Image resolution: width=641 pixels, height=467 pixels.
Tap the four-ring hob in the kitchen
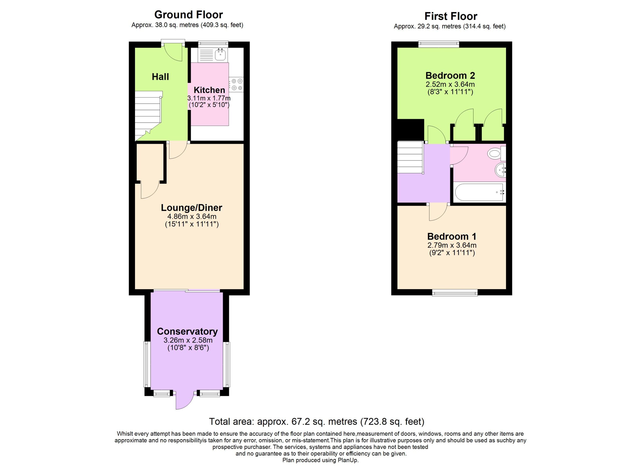click(236, 84)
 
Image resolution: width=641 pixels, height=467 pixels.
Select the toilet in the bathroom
click(497, 153)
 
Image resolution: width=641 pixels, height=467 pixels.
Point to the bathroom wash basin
click(500, 170)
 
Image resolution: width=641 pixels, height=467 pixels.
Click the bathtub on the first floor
click(479, 192)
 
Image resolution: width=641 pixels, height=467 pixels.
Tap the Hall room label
click(160, 77)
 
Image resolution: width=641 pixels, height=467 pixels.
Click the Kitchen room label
click(209, 90)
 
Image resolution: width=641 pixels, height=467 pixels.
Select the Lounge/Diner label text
click(191, 208)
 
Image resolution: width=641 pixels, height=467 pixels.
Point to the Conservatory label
click(187, 331)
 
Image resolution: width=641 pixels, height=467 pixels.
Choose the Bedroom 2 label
click(450, 75)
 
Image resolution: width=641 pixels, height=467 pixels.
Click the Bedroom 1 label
click(452, 236)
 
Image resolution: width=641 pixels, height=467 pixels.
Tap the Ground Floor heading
click(189, 15)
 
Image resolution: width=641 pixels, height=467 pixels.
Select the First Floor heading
click(451, 16)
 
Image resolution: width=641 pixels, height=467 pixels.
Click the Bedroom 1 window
click(455, 293)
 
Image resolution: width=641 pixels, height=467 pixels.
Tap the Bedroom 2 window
click(439, 44)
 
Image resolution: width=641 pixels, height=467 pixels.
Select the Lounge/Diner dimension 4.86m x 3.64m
click(192, 216)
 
